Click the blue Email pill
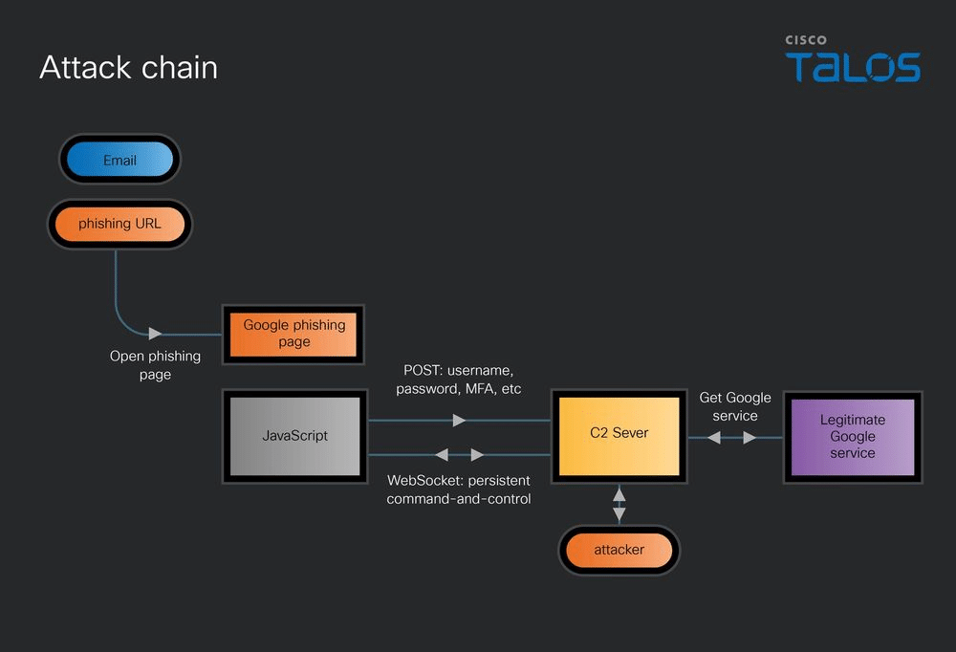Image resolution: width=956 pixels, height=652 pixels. [119, 160]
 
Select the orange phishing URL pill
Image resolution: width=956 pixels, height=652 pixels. [119, 224]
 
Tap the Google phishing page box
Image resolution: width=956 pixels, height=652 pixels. [293, 335]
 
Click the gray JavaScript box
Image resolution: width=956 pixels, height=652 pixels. [295, 436]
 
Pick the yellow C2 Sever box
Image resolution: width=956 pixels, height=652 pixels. [619, 436]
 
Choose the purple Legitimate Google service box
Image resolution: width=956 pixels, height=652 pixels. [853, 437]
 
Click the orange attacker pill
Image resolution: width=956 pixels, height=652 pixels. [619, 550]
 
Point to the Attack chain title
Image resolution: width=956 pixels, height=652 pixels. [129, 67]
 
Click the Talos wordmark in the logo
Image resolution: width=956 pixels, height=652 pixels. [853, 67]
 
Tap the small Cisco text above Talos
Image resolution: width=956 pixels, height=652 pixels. [805, 40]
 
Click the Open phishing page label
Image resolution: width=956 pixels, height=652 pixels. [155, 365]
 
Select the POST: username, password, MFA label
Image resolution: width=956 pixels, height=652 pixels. [459, 380]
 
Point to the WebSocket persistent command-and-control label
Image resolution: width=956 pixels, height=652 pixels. [459, 489]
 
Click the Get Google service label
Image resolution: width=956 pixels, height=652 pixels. [734, 407]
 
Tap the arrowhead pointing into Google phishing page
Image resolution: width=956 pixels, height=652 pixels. [155, 334]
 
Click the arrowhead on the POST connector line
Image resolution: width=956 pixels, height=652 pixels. [459, 421]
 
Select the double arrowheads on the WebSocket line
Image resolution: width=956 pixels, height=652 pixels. [460, 454]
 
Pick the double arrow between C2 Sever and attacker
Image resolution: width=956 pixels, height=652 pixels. [619, 505]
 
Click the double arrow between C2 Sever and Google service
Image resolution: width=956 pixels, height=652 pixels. [731, 437]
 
